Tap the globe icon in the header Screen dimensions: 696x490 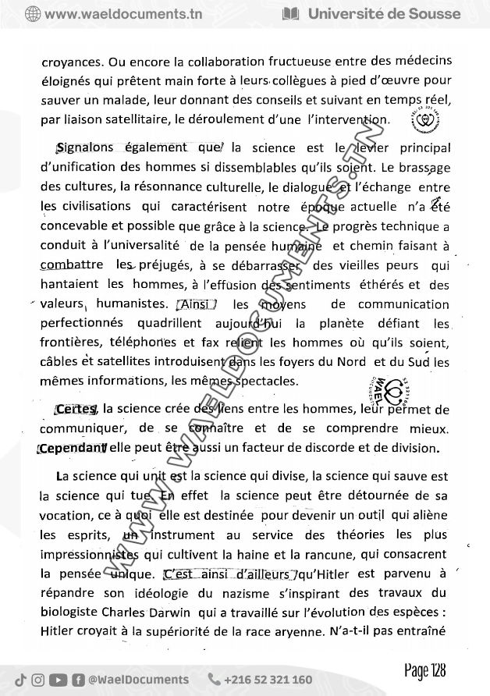point(33,13)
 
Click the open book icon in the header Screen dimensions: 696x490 point(290,13)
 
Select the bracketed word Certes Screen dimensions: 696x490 point(75,410)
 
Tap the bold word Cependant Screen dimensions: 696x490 point(72,448)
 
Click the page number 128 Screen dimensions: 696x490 point(425,671)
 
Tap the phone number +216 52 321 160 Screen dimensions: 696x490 point(268,680)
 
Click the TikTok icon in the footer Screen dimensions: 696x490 point(20,680)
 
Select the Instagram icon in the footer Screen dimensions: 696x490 point(38,680)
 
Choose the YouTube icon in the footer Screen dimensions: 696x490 point(58,680)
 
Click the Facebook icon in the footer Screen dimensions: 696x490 point(78,680)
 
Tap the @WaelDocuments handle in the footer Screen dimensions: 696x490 point(139,680)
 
